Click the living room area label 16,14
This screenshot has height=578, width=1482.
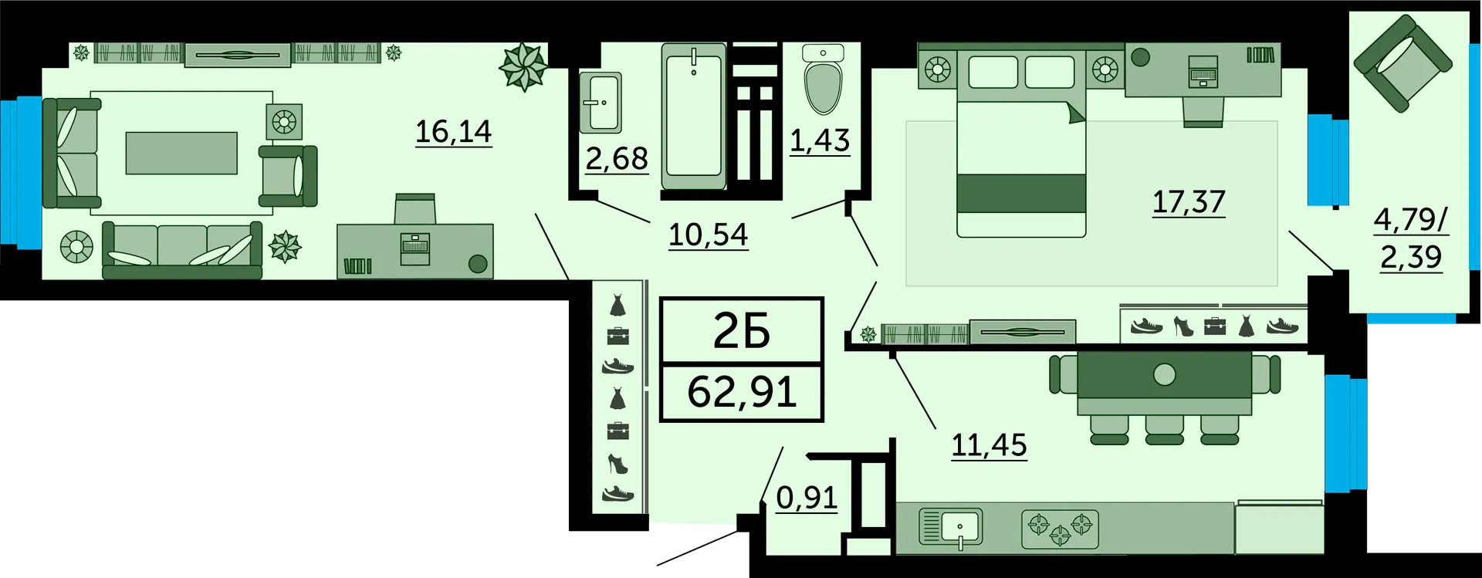pyautogui.click(x=453, y=132)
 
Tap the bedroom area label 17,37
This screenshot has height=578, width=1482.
pyautogui.click(x=1189, y=202)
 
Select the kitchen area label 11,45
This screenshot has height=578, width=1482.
pyautogui.click(x=989, y=445)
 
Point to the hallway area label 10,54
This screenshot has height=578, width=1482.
pyautogui.click(x=708, y=235)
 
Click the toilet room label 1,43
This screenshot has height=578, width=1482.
pyautogui.click(x=820, y=141)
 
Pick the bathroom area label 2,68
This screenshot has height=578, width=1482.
pyautogui.click(x=617, y=159)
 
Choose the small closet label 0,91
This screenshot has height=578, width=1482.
pyautogui.click(x=807, y=498)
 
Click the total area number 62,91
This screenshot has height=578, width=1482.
pyautogui.click(x=742, y=392)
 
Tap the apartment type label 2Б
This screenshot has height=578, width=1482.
pyautogui.click(x=742, y=332)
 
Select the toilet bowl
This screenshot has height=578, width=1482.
pyautogui.click(x=823, y=80)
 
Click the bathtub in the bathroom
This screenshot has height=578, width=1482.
pyautogui.click(x=694, y=116)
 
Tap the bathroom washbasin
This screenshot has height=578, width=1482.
pyautogui.click(x=601, y=103)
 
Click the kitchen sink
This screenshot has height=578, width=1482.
pyautogui.click(x=951, y=528)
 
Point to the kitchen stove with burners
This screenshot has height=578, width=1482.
pyautogui.click(x=1060, y=529)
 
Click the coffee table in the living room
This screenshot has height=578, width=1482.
pyautogui.click(x=181, y=153)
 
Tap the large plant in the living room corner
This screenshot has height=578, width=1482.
pyautogui.click(x=523, y=66)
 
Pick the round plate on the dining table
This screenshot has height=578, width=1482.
pyautogui.click(x=1164, y=375)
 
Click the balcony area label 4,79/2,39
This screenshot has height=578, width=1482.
pyautogui.click(x=1411, y=238)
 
